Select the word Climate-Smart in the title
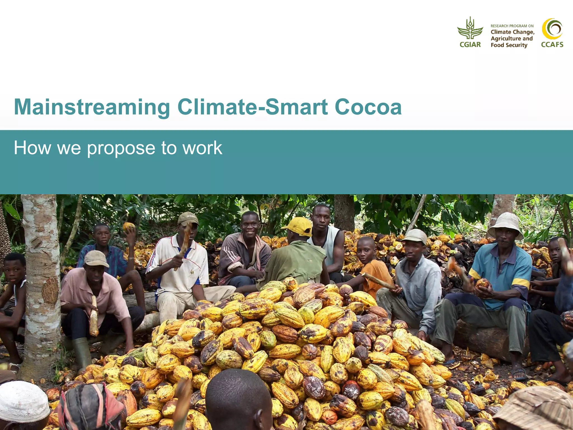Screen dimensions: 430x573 [252, 107]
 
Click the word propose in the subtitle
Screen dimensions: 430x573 [121, 148]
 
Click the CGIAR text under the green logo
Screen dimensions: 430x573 [470, 45]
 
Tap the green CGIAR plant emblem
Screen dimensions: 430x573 [470, 29]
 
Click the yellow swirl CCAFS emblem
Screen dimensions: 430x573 [552, 29]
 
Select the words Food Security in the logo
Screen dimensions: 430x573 [509, 45]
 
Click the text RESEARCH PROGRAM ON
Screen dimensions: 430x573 [512, 26]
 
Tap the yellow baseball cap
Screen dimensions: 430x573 [299, 226]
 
